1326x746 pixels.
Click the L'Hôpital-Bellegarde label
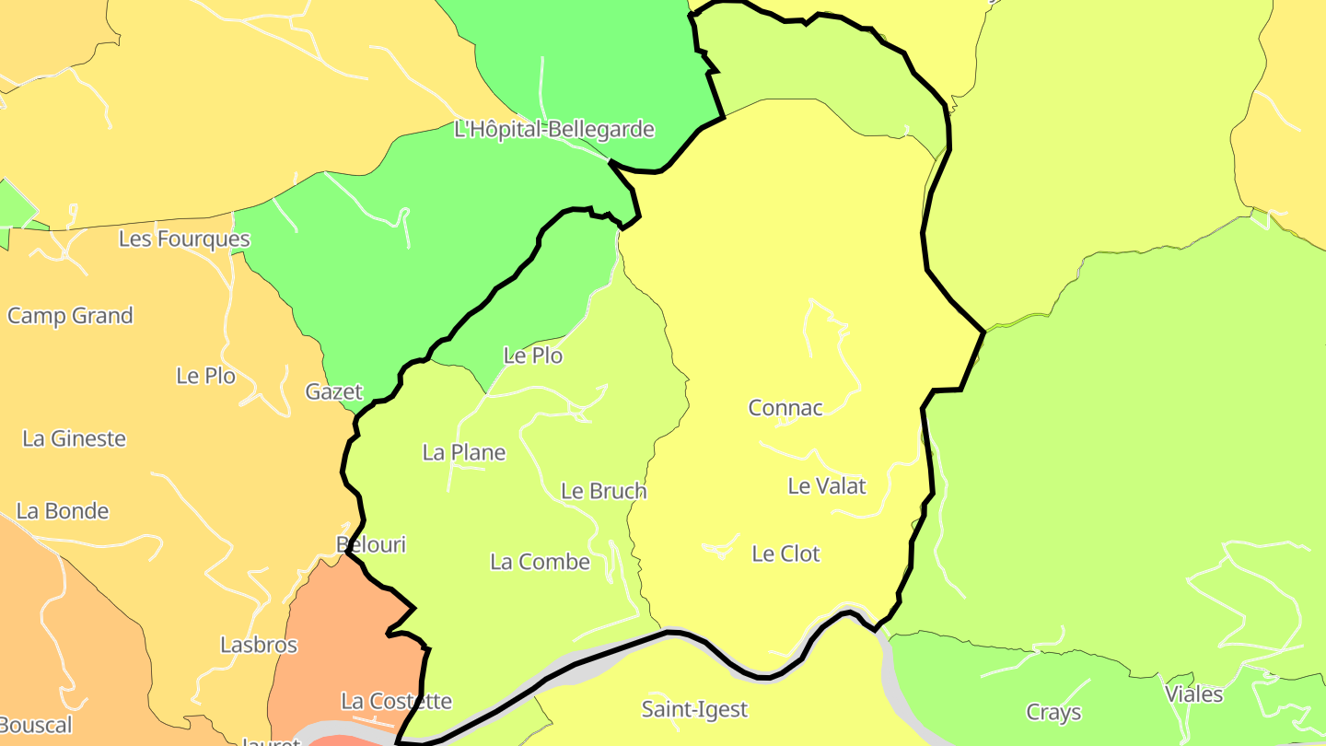pos(554,129)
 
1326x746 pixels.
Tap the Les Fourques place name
pos(184,239)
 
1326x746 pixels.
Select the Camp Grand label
pos(70,316)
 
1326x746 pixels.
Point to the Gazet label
pos(334,391)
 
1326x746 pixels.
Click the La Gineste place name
pos(74,438)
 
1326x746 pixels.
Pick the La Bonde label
pos(63,511)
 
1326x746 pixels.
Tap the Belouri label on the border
pos(371,544)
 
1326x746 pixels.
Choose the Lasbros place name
pos(259,645)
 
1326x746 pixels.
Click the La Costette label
pos(396,701)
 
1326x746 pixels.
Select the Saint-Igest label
pos(694,709)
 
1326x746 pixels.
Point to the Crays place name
pos(1053,712)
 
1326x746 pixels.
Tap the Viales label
pos(1193,694)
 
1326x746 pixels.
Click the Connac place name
pos(785,407)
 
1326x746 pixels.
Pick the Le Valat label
pos(827,485)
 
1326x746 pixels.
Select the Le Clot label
pos(785,554)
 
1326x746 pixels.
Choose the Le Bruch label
pos(604,491)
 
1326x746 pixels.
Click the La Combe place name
pos(540,561)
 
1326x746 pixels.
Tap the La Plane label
pos(464,452)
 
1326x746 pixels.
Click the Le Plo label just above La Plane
pos(532,356)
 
